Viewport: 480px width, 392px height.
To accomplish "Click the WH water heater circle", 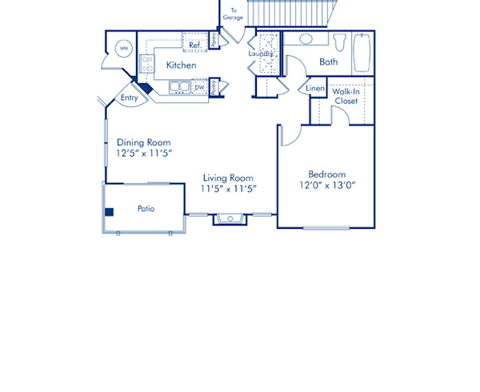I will click(x=124, y=49).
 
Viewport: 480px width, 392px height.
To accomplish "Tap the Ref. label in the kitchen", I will click(x=194, y=46).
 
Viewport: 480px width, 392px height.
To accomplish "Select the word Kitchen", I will click(x=182, y=65).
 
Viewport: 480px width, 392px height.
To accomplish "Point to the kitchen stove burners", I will click(x=147, y=63).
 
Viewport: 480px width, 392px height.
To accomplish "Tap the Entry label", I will click(x=129, y=98).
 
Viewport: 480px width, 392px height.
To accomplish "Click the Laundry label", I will click(x=261, y=54).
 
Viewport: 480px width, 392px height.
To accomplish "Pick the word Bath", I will click(x=328, y=62).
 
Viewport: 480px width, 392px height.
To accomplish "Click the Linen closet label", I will click(x=314, y=88).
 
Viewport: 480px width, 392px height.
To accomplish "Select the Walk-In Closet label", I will click(x=346, y=97).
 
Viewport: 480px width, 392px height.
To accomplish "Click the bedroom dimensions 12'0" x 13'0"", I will click(x=326, y=185).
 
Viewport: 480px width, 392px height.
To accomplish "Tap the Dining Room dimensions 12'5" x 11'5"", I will click(x=145, y=152).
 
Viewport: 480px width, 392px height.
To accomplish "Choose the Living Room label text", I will click(x=228, y=178).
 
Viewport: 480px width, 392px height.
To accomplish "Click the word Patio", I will click(x=146, y=209).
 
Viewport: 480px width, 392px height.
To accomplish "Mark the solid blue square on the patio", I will click(x=110, y=212).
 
